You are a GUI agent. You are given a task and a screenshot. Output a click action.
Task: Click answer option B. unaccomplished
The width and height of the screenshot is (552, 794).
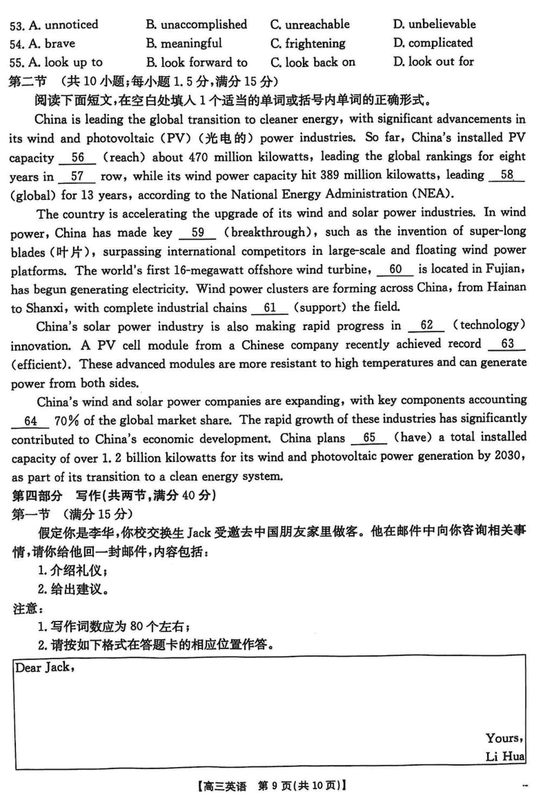(x=196, y=25)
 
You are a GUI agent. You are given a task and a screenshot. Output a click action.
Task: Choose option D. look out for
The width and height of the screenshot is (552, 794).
(x=433, y=61)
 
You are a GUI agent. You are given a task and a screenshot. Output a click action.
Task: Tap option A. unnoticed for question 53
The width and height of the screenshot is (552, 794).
(x=55, y=25)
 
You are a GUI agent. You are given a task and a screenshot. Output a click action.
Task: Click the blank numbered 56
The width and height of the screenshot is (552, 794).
(x=77, y=157)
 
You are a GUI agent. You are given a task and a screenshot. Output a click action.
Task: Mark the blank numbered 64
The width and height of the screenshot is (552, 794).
(x=30, y=420)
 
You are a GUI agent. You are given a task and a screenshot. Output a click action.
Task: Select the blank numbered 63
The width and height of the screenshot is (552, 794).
(x=508, y=343)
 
